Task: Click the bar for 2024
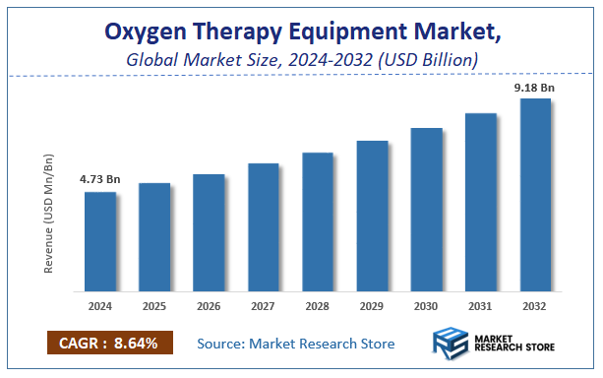(99, 242)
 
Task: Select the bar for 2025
(154, 238)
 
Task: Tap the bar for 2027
(264, 227)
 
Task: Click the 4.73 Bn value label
(99, 179)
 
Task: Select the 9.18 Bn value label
(534, 87)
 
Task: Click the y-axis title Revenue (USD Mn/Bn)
(49, 215)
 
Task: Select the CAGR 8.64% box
(109, 344)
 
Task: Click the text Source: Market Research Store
(295, 344)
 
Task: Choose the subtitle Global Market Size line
(302, 60)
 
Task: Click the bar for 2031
(481, 203)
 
